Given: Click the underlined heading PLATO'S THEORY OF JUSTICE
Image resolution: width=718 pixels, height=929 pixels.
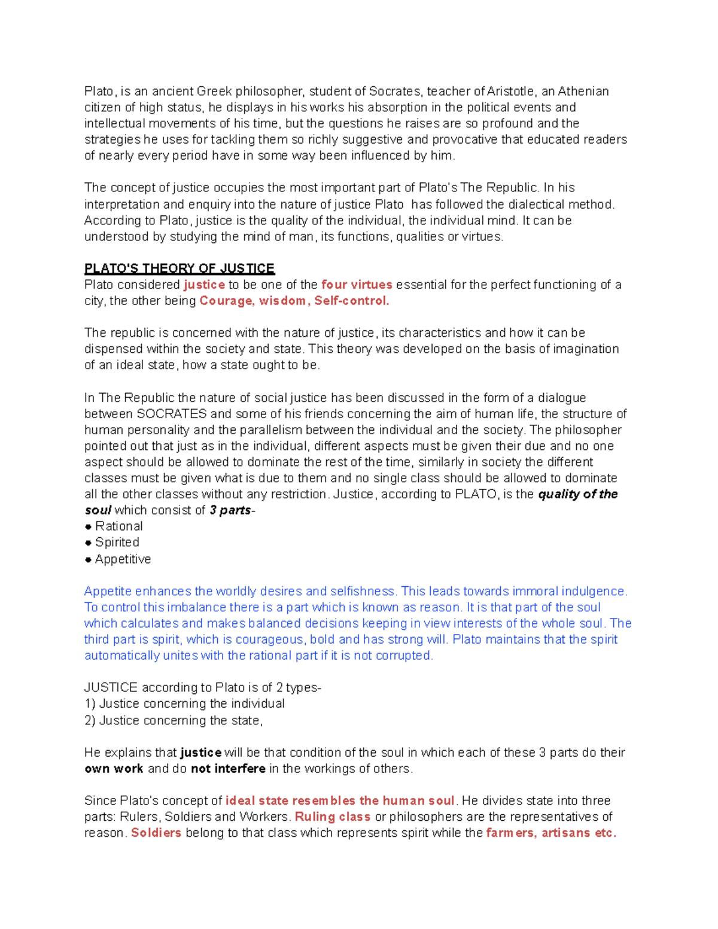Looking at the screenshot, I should [x=179, y=268].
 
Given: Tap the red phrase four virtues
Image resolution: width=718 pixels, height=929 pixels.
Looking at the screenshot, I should [x=357, y=285].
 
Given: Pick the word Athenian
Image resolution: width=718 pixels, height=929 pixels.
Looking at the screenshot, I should [x=583, y=92].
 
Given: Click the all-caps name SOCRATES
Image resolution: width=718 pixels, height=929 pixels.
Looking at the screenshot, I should [x=172, y=414].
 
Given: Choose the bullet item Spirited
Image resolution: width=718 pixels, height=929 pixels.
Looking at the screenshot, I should [x=117, y=543].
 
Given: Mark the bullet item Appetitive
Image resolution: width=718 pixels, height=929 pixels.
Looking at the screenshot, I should [x=123, y=559].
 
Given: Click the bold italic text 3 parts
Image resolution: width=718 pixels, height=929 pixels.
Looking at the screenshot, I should [x=230, y=510].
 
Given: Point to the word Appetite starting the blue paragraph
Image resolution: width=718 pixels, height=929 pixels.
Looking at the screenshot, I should [x=108, y=592].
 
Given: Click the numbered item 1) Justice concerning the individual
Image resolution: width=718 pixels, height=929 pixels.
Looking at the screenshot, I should [x=184, y=704].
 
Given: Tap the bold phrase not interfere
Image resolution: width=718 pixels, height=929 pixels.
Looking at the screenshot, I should [x=228, y=769].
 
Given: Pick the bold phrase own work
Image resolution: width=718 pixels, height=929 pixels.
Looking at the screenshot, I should [x=114, y=769].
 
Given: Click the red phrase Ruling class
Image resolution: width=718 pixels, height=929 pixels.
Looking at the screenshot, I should [x=332, y=817].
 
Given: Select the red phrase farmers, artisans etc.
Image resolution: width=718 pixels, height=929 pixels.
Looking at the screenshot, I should [x=550, y=833].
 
